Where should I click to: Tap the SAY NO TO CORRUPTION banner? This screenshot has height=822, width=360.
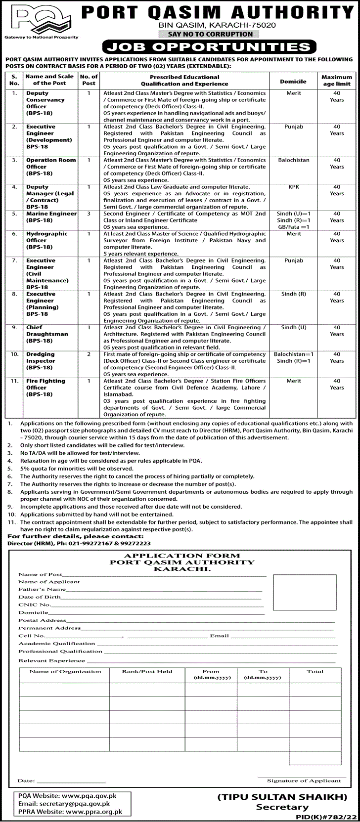tap(206, 34)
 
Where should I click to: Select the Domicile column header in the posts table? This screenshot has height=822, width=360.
tap(293, 81)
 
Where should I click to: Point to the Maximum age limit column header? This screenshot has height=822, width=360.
tap(337, 81)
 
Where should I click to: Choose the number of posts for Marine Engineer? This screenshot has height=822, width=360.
tap(89, 214)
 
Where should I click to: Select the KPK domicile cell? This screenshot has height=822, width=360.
tap(293, 187)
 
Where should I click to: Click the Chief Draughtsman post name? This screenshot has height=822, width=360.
tap(47, 334)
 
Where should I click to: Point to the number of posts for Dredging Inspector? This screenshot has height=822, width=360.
tap(89, 354)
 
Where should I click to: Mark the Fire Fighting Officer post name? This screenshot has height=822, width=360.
tap(45, 388)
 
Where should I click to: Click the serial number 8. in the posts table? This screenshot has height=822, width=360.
tap(15, 294)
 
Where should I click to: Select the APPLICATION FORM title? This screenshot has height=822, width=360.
tap(182, 556)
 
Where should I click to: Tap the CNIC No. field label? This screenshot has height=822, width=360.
tap(35, 605)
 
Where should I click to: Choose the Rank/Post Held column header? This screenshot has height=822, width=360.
tap(147, 671)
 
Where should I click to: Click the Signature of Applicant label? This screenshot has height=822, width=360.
tap(304, 780)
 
